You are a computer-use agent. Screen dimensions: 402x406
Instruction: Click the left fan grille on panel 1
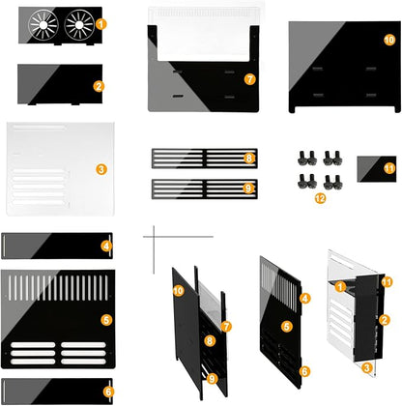(43, 25)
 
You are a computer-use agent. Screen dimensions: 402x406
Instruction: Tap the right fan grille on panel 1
(79, 25)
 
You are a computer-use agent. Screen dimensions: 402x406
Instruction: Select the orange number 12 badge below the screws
(320, 198)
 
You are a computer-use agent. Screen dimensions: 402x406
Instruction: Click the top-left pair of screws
(307, 158)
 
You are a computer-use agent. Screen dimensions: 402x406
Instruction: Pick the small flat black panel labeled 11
(377, 169)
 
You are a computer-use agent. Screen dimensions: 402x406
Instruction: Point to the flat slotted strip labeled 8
(205, 159)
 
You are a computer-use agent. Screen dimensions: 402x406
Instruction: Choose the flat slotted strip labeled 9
(205, 189)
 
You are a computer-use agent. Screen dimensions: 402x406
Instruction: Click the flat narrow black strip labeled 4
(57, 246)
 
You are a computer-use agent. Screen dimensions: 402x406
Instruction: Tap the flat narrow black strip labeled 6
(57, 391)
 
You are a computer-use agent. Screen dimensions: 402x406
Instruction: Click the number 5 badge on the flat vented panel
(106, 320)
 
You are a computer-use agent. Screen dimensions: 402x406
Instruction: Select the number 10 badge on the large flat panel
(389, 40)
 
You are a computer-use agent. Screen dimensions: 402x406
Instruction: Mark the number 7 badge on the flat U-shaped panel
(250, 79)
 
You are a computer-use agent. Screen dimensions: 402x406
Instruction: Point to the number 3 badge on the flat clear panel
(101, 169)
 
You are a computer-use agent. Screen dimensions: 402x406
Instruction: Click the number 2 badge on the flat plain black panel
(99, 86)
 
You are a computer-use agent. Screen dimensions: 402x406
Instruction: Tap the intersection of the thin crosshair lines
(154, 237)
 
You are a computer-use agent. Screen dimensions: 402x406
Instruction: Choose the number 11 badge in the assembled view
(387, 282)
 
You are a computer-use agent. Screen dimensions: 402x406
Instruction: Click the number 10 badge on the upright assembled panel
(178, 291)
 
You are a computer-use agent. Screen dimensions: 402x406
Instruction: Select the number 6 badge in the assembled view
(304, 371)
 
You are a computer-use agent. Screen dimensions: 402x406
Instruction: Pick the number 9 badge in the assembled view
(212, 379)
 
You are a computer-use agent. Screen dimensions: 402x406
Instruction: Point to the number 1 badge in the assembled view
(340, 286)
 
